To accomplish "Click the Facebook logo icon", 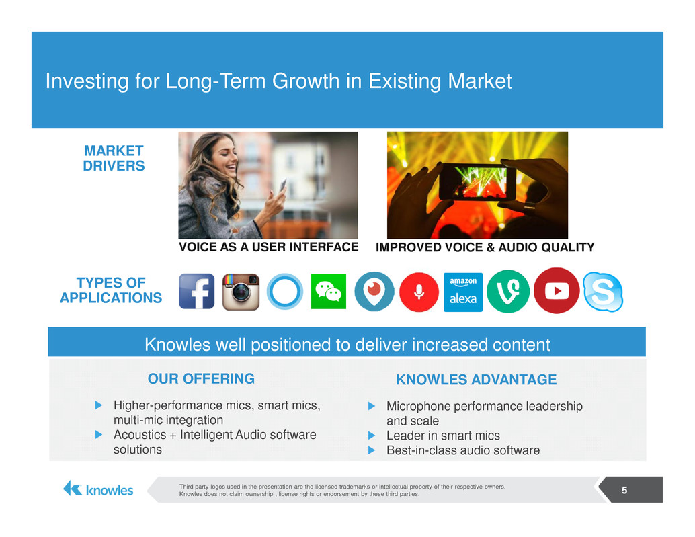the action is coord(197,291).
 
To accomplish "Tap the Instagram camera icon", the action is coord(241,292).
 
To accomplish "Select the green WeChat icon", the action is coord(329,291).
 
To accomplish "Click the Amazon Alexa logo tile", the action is coord(463,292).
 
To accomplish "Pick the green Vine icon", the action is coord(508,292).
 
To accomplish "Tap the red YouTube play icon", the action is coord(557,290).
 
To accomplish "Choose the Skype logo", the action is coord(603,292).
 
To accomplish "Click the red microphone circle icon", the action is coord(419,292).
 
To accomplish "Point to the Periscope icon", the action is coord(374,291).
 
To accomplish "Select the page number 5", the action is coord(624,490).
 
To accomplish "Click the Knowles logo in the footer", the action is coord(98,489).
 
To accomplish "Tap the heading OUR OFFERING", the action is coord(201,379).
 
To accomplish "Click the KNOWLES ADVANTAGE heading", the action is coord(477,380).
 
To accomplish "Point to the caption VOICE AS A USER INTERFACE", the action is coord(269,247).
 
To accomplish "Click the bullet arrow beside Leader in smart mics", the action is coord(372,436).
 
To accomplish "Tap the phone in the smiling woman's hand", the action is coord(282,185).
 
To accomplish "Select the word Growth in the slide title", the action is coord(306,81).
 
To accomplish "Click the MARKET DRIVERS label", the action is coord(114,158).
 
